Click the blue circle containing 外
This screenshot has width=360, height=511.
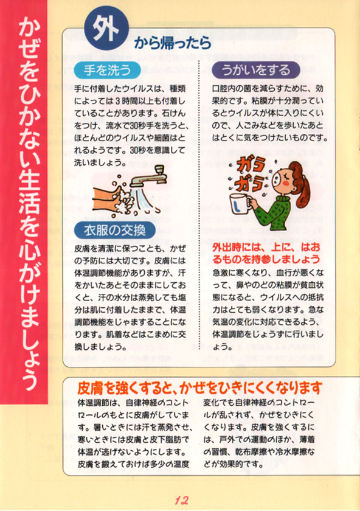106,29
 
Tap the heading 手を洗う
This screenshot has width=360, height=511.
107,71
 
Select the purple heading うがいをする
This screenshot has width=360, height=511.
256,70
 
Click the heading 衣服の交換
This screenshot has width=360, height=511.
115,231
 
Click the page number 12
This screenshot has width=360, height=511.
181,500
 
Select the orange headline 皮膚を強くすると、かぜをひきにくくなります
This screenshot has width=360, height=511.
199,388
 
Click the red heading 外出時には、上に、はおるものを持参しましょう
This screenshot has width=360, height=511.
266,253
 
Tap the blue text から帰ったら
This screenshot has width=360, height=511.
172,43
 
